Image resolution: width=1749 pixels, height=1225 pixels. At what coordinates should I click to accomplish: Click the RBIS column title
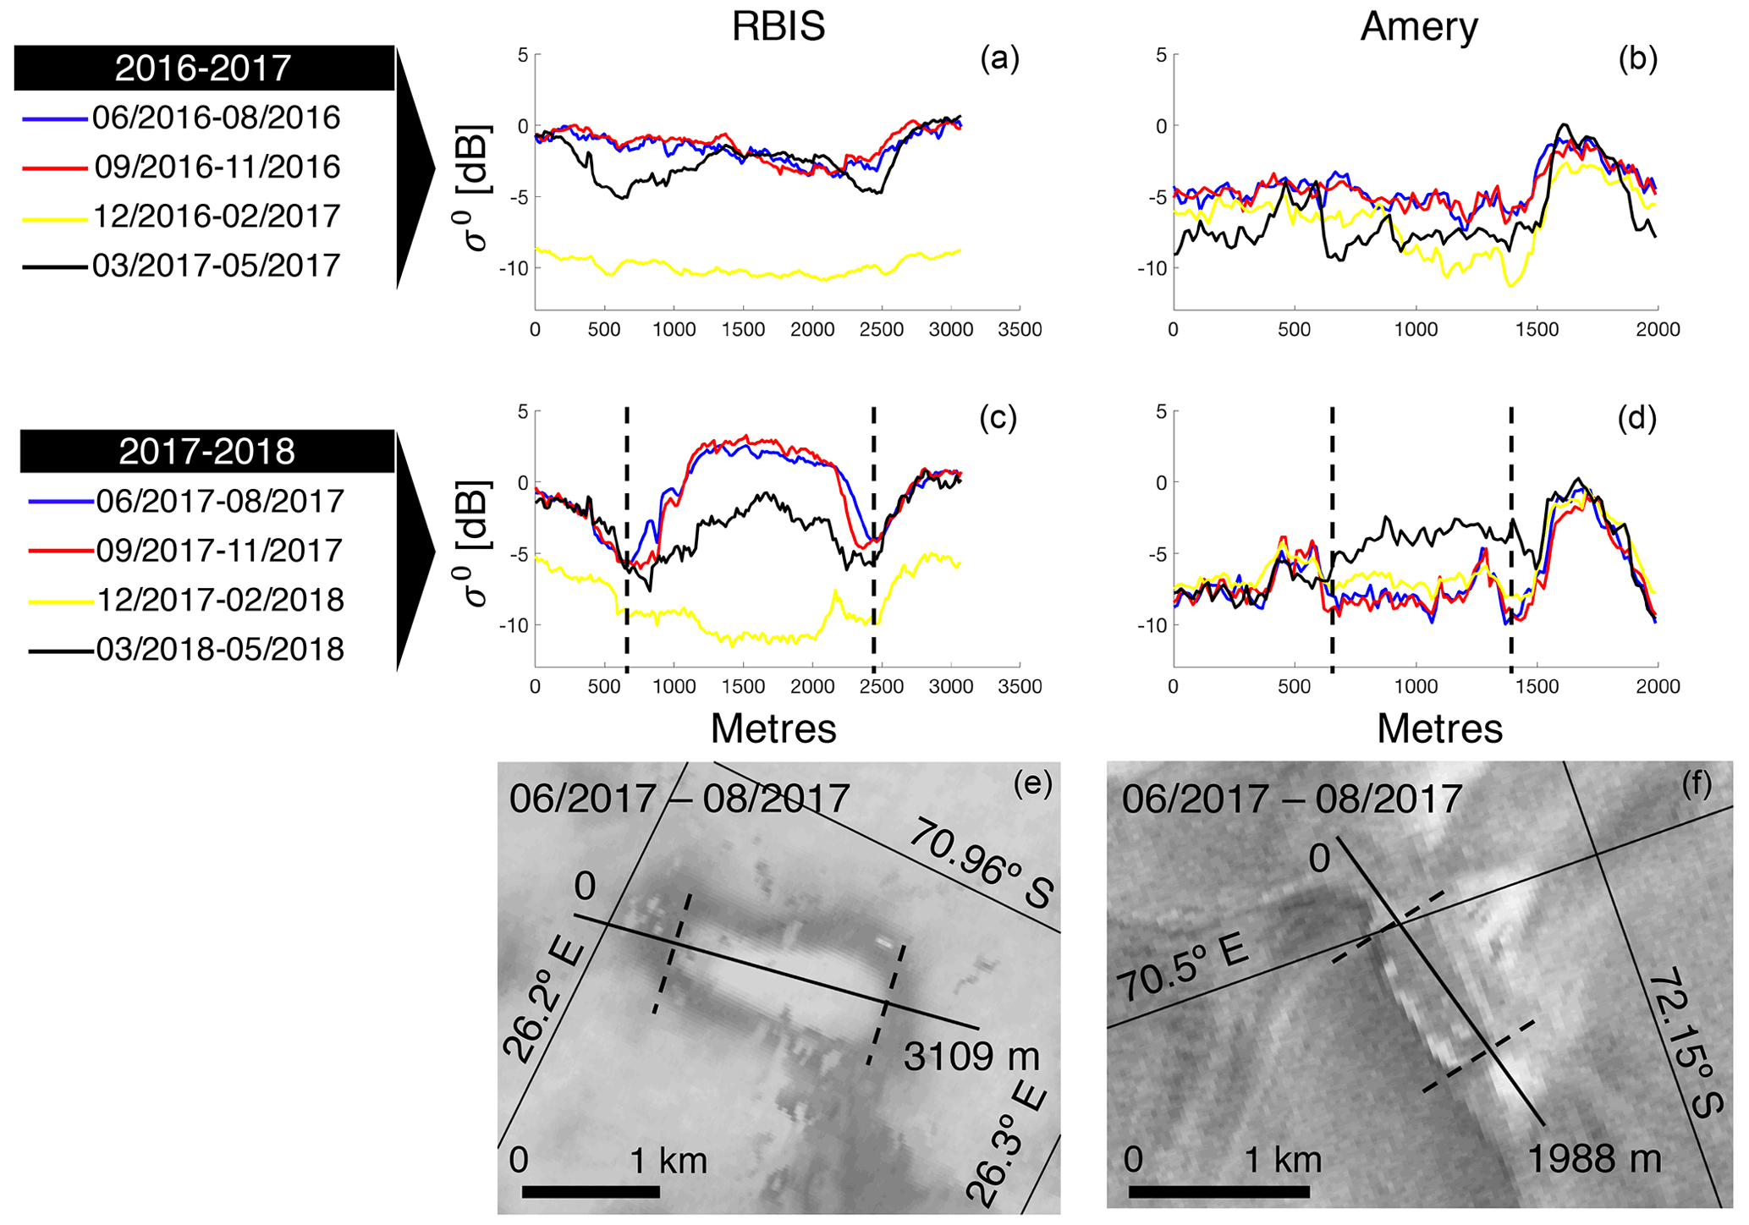click(x=778, y=26)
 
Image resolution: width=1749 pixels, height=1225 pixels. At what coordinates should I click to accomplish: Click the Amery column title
click(x=1419, y=26)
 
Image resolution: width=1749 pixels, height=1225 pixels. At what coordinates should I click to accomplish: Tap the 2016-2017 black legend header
click(x=203, y=68)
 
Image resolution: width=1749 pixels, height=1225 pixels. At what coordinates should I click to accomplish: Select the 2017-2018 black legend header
click(x=206, y=451)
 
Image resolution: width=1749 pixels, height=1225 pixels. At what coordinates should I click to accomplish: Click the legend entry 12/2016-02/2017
click(x=217, y=216)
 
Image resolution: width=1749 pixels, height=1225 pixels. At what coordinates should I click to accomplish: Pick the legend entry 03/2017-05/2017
click(x=217, y=266)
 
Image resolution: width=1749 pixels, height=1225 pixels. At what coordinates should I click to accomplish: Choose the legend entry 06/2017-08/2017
click(x=220, y=501)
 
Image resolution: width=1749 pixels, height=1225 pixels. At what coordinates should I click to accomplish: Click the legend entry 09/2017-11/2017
click(x=220, y=551)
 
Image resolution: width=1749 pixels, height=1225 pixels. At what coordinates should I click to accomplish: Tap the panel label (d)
click(x=1636, y=418)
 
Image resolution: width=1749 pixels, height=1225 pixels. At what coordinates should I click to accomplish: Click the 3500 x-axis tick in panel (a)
click(x=1020, y=330)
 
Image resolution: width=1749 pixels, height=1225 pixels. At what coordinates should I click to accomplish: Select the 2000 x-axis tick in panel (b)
click(x=1657, y=330)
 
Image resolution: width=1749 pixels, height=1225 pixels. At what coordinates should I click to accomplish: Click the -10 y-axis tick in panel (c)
click(x=517, y=625)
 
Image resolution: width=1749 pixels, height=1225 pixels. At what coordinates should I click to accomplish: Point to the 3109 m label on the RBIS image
click(x=971, y=1056)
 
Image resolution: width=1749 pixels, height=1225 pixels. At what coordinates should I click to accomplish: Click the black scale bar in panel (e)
click(x=591, y=1192)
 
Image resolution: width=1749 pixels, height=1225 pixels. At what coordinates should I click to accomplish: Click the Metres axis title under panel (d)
click(x=1439, y=728)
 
